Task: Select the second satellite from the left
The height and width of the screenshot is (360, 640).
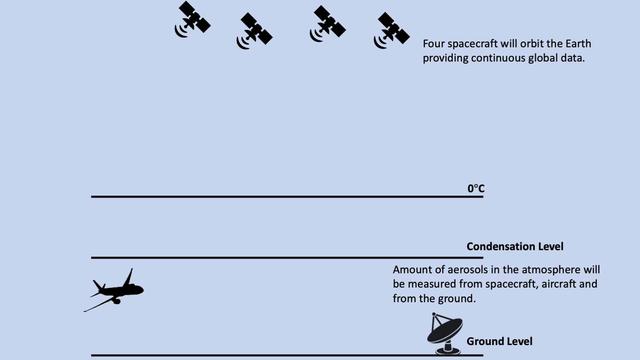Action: coord(255,31)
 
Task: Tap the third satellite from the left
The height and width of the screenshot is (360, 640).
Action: coord(328,23)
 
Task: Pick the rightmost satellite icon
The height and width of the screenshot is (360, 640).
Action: coord(392,30)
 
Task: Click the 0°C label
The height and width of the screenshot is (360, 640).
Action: coord(476,189)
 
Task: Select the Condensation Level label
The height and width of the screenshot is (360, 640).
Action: coord(515,246)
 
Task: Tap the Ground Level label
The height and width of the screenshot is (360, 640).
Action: coord(499,341)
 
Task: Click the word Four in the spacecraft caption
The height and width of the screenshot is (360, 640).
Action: coord(434,44)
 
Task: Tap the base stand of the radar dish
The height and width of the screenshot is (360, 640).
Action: coord(448,349)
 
